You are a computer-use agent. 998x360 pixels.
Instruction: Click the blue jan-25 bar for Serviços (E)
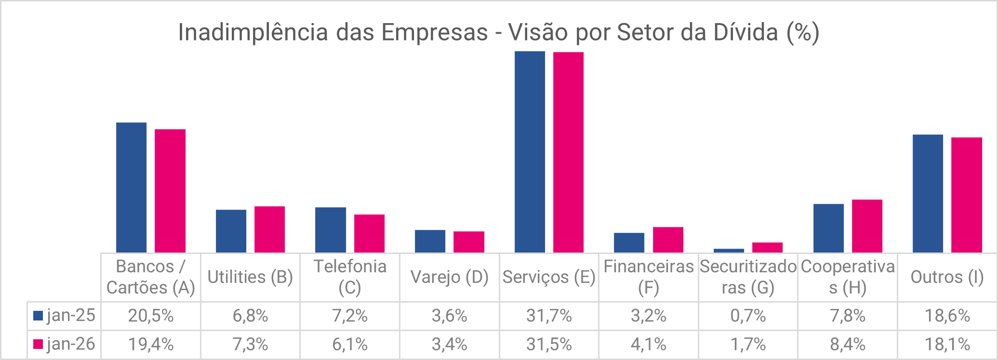[x=530, y=152]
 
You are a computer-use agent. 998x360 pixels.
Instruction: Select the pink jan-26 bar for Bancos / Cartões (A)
[x=170, y=191]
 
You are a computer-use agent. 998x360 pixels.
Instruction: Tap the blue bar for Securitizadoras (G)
[x=729, y=251]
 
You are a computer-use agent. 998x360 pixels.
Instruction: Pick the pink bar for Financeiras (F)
[x=668, y=240]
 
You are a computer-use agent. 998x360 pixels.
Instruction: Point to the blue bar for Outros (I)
[x=928, y=193]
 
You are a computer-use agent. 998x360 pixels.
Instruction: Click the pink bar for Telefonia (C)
[x=369, y=233]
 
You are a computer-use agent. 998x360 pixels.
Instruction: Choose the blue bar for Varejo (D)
[x=430, y=241]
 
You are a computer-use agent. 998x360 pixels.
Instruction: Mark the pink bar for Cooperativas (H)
[x=867, y=226]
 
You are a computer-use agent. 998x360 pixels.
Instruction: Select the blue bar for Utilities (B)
[x=231, y=231]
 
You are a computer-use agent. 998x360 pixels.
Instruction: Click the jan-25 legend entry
[x=65, y=316]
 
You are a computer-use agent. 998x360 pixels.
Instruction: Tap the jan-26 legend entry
[x=65, y=344]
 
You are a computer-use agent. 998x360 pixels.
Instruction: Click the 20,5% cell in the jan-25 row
[x=151, y=316]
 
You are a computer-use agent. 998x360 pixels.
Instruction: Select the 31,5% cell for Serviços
[x=549, y=344]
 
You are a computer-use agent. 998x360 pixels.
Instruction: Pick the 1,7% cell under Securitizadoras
[x=748, y=344]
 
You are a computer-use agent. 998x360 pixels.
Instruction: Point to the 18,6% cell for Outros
[x=947, y=316]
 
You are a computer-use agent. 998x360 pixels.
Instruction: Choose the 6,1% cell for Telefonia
[x=350, y=344]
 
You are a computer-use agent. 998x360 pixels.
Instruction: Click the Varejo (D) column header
[x=449, y=277]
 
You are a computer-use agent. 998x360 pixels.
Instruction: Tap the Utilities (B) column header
[x=250, y=277]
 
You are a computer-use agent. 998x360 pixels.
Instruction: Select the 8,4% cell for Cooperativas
[x=848, y=344]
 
